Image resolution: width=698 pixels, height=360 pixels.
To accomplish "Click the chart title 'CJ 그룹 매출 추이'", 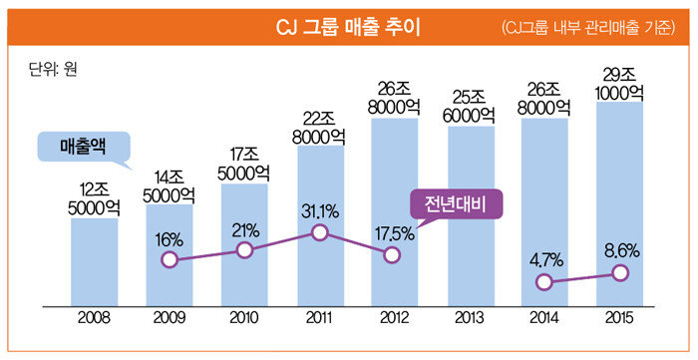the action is pyautogui.click(x=348, y=28).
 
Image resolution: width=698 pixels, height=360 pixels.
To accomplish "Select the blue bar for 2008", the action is pyautogui.click(x=95, y=262).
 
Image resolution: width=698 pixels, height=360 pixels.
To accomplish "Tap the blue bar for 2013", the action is pyautogui.click(x=471, y=216).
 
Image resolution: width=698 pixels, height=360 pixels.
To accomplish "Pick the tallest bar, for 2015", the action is pyautogui.click(x=619, y=204).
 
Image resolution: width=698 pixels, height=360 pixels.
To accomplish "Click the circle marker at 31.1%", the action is pyautogui.click(x=320, y=232).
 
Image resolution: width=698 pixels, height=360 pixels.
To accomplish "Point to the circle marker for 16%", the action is pyautogui.click(x=170, y=259).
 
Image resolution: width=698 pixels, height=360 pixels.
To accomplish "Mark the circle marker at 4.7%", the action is pyautogui.click(x=544, y=282).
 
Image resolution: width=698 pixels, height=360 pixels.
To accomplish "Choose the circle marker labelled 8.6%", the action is pyautogui.click(x=620, y=273).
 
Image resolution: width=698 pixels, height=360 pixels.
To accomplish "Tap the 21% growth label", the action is pyautogui.click(x=245, y=231).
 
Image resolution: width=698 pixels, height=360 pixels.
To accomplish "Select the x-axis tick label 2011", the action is pyautogui.click(x=319, y=318).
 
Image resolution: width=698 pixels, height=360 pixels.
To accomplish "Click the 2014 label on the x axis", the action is pyautogui.click(x=544, y=318).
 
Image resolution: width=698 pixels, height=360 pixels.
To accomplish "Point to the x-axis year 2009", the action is pyautogui.click(x=170, y=318).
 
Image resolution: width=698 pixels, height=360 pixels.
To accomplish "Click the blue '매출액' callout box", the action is pyautogui.click(x=83, y=147).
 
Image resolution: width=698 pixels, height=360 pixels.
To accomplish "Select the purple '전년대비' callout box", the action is pyautogui.click(x=457, y=204).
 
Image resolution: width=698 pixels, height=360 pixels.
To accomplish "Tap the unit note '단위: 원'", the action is pyautogui.click(x=53, y=70).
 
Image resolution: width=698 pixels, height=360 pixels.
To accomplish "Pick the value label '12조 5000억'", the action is pyautogui.click(x=95, y=199).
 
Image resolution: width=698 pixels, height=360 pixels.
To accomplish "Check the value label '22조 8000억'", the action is pyautogui.click(x=319, y=128).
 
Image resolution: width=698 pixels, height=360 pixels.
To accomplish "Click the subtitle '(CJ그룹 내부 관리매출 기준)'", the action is pyautogui.click(x=588, y=29).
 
